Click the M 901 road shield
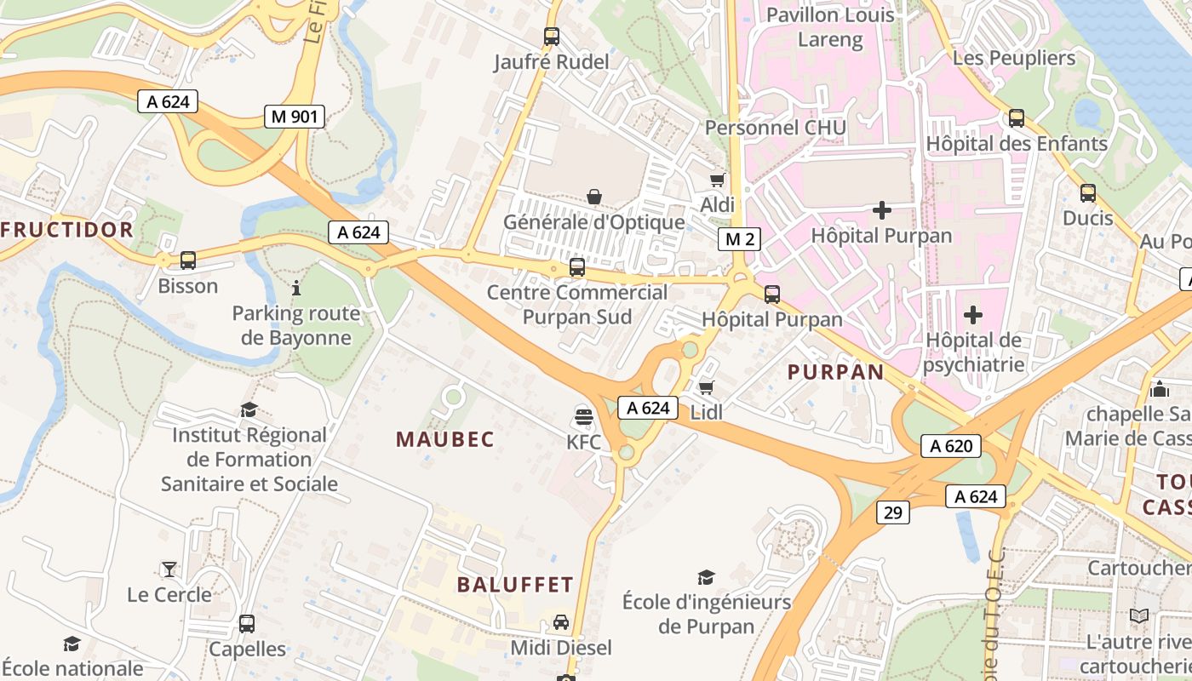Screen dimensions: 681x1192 tap(295, 117)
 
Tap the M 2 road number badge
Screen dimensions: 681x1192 tap(738, 239)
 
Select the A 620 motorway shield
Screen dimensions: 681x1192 tap(951, 445)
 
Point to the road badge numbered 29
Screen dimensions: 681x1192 tap(892, 512)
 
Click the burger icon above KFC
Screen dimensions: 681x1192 tap(583, 416)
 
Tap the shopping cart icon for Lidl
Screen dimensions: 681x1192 tap(706, 388)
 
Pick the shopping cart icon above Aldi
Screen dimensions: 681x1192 tap(717, 179)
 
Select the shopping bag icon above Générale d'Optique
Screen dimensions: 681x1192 tap(594, 197)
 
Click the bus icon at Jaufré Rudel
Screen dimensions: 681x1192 tap(552, 37)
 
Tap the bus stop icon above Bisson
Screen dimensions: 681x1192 tap(188, 260)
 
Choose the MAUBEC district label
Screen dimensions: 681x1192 tap(445, 439)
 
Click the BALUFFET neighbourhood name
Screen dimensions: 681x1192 tap(515, 585)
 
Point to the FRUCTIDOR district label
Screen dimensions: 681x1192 tap(67, 229)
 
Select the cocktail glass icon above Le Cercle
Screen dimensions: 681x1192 tap(169, 569)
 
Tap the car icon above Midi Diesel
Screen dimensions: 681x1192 tap(561, 622)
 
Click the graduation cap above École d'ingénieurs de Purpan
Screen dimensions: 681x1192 tap(706, 577)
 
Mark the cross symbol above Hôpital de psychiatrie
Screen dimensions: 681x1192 tap(972, 315)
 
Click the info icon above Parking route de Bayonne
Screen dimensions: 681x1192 tap(296, 288)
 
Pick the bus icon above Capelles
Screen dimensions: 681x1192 tap(247, 623)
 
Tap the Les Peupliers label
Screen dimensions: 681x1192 tap(1014, 58)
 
